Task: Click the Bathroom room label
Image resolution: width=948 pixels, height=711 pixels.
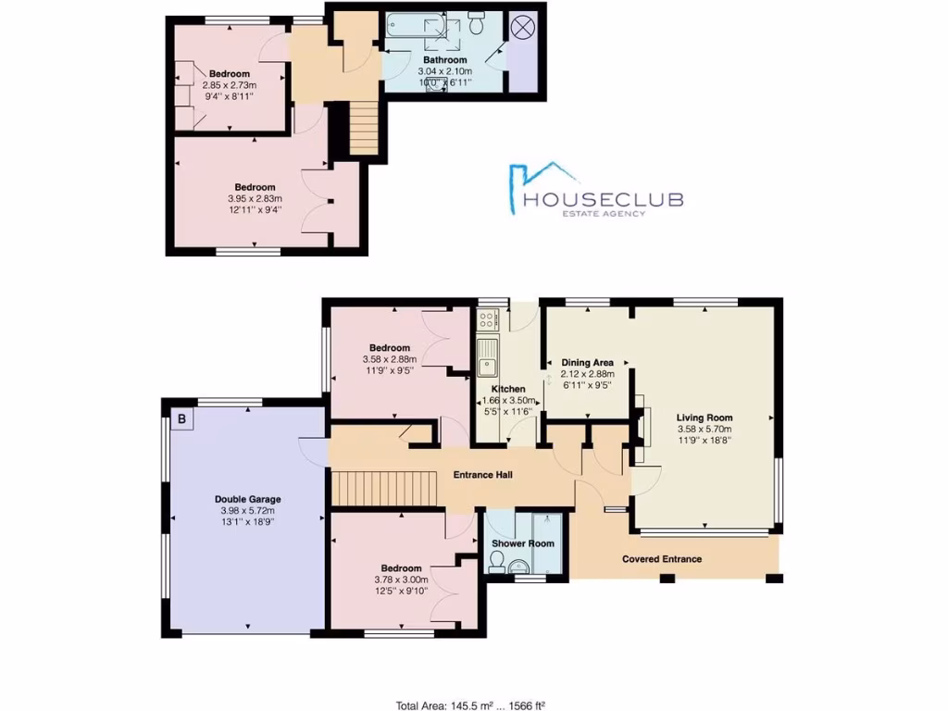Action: point(443,59)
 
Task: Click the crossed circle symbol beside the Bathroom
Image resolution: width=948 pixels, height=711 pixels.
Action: point(524,26)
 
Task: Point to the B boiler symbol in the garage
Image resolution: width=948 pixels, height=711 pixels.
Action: point(182,419)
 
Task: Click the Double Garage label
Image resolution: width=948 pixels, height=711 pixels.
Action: point(244,499)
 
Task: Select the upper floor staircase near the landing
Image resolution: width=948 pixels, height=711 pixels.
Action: point(364,129)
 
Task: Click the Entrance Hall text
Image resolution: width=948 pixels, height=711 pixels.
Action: point(482,475)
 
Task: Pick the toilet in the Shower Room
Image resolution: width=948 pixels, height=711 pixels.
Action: point(497,560)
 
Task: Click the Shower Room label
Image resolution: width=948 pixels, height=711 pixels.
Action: point(522,543)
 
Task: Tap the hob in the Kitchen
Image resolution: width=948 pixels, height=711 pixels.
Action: point(487,321)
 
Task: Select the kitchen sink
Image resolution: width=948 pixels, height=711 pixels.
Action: point(486,356)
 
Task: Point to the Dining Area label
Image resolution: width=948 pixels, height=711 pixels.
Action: point(588,363)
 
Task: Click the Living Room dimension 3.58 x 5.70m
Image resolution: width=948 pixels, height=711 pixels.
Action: point(704,430)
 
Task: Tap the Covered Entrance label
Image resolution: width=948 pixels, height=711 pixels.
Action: point(661,559)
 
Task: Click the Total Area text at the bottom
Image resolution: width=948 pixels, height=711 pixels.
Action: point(476,705)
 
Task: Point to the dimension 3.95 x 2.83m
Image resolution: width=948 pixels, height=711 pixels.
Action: point(255,198)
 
